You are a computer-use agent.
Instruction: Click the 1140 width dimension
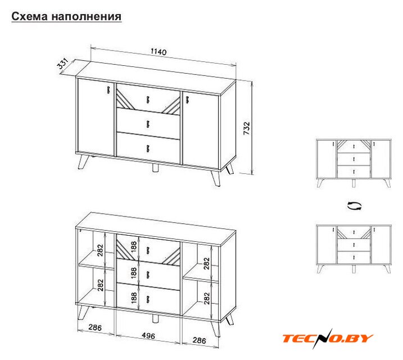[159, 52]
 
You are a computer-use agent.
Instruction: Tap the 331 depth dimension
[63, 64]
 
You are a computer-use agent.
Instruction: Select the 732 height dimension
[247, 128]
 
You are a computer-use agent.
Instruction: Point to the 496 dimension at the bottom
[148, 336]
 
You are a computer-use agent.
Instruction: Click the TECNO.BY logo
[328, 339]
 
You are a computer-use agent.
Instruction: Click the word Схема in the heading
[30, 16]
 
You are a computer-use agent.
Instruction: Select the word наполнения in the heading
[87, 16]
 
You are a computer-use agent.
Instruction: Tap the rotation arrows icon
[354, 206]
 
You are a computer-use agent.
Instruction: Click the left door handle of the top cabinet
[108, 89]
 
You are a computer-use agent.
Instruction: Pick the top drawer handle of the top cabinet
[148, 100]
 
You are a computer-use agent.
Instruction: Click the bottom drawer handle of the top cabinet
[148, 148]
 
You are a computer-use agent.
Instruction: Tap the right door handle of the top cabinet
[187, 100]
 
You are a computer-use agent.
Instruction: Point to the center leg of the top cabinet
[155, 168]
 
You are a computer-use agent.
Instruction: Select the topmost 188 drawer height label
[134, 246]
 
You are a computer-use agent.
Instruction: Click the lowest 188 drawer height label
[134, 298]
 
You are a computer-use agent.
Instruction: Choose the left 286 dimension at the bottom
[95, 327]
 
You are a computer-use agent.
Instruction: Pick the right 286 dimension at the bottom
[199, 340]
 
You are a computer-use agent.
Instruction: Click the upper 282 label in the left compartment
[100, 250]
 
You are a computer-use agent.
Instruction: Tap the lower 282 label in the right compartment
[207, 298]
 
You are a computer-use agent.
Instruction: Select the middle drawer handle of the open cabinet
[148, 274]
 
